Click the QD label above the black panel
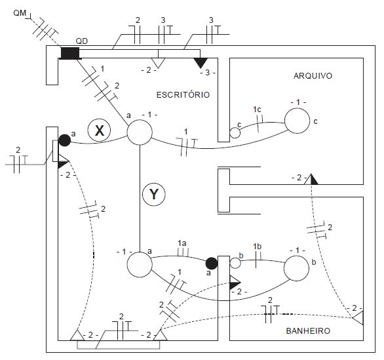point(81,41)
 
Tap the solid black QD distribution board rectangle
point(70,53)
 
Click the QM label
point(20,12)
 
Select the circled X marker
point(99,130)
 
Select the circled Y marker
point(154,194)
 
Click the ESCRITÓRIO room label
point(183,95)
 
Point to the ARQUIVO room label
point(313,75)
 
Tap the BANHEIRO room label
point(308,331)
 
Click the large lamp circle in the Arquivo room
point(297,121)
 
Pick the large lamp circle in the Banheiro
point(297,268)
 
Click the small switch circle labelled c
point(235,133)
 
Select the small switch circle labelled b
point(235,263)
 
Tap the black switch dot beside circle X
point(65,140)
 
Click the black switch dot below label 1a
point(212,264)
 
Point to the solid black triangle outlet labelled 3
point(201,63)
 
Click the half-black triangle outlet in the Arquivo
point(311,179)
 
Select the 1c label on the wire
point(257,110)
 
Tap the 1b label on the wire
point(258,247)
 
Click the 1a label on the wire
point(182,243)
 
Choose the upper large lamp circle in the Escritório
point(140,132)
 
